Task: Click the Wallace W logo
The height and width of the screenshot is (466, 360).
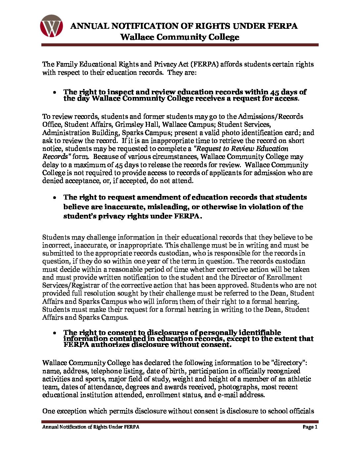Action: tap(51, 26)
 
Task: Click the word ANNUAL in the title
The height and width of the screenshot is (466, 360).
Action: tap(89, 26)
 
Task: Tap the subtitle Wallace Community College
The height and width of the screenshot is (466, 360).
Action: tap(180, 37)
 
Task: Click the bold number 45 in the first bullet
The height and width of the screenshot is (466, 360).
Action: tap(275, 92)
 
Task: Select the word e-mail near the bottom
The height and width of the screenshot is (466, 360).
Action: tap(228, 395)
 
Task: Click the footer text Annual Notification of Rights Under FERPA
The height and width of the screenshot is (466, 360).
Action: tap(91, 427)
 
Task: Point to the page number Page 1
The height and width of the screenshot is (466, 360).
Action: tap(310, 427)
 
